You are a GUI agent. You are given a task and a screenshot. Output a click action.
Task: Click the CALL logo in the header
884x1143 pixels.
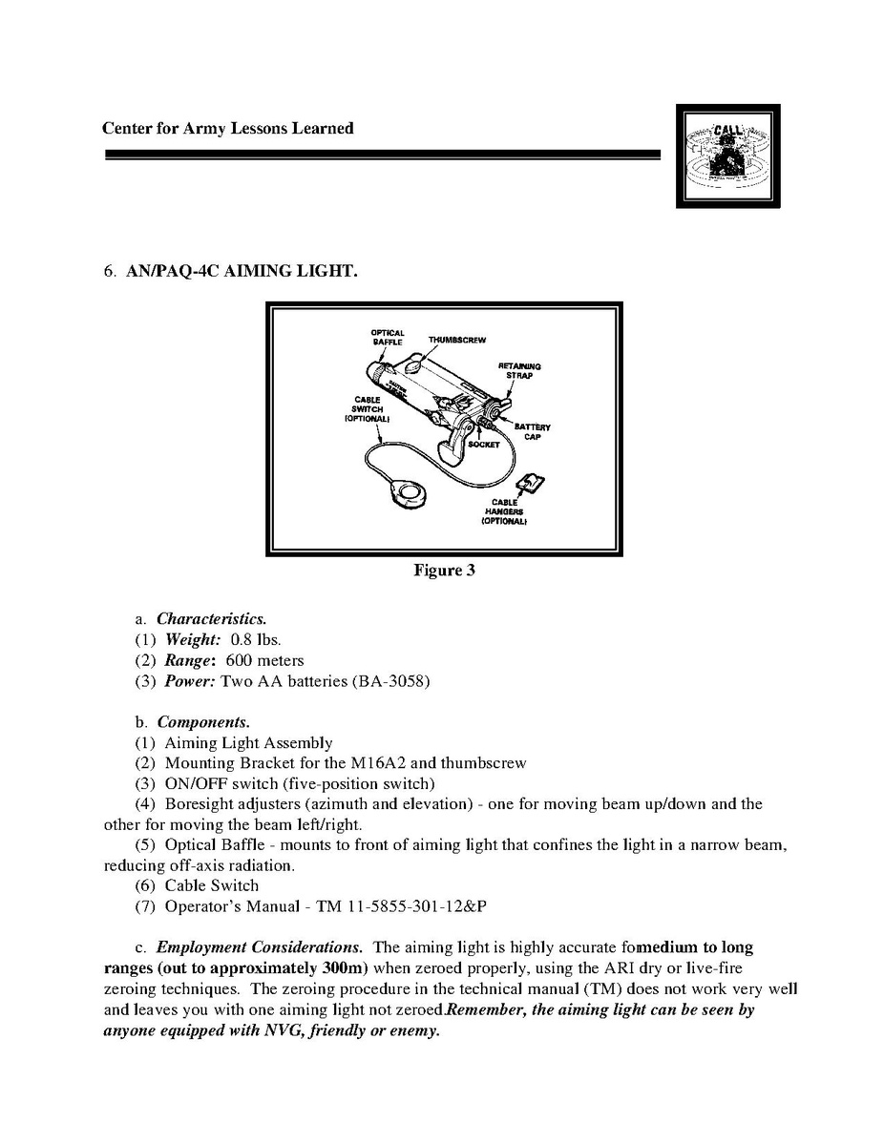(x=727, y=156)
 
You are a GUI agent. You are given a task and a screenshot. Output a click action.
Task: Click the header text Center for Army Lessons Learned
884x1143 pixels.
(x=227, y=128)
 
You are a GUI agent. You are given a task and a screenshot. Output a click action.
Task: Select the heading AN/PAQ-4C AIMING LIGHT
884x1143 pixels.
(x=242, y=272)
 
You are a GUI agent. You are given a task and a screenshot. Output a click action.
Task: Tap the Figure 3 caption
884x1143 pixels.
(x=444, y=571)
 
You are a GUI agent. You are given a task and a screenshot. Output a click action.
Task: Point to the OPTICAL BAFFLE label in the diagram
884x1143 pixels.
(x=388, y=337)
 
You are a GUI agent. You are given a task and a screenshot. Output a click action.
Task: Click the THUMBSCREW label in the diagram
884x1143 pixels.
(x=457, y=340)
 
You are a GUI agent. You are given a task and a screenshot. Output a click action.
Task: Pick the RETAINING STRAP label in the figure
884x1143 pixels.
(x=519, y=371)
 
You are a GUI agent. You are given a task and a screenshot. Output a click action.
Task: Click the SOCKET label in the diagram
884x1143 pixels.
(x=484, y=445)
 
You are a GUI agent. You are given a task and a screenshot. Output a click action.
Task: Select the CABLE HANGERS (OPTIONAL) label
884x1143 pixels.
(x=505, y=511)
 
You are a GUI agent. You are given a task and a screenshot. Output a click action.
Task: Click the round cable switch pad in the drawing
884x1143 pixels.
(x=413, y=493)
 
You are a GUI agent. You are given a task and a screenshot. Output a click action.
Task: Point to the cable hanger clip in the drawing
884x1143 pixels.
(x=532, y=488)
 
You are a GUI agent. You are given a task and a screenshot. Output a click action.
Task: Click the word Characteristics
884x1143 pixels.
(x=204, y=618)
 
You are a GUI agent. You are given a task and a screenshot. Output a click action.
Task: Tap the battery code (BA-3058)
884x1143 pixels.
(x=391, y=681)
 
